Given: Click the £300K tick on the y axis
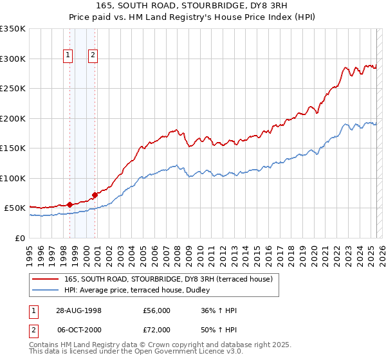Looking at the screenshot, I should pyautogui.click(x=13, y=59).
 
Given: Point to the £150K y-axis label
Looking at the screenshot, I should pyautogui.click(x=13, y=148).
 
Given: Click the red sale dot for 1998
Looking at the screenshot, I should pyautogui.click(x=69, y=204).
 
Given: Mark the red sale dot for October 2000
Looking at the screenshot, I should pyautogui.click(x=95, y=194).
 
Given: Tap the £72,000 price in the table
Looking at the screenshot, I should pyautogui.click(x=157, y=328).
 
